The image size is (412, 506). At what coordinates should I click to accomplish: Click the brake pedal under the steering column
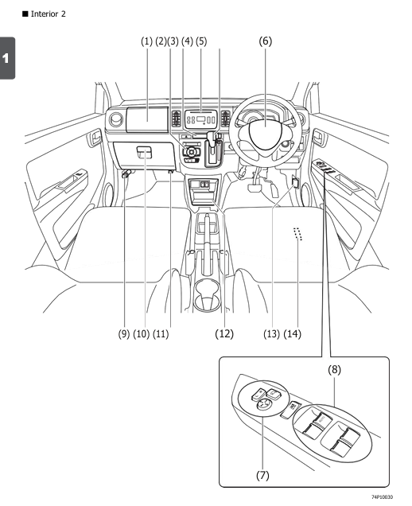tap(256, 186)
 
